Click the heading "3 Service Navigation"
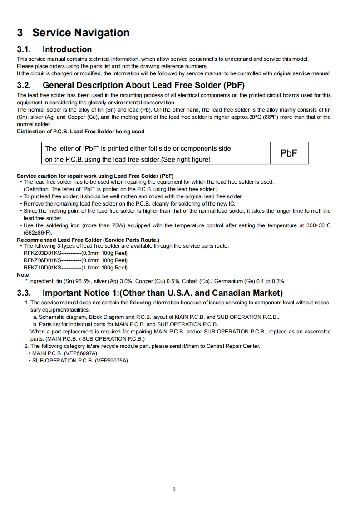coord(73,33)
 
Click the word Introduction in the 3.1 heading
coord(67,49)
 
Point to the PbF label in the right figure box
coord(289,153)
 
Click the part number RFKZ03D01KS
coord(42,253)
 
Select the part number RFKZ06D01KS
coord(42,260)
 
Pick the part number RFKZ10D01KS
coord(42,268)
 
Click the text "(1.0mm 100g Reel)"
coord(104,268)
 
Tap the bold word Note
coord(23,275)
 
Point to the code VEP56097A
coord(82,353)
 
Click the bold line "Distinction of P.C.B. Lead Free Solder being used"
coord(81,132)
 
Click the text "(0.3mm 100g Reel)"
coord(104,253)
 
